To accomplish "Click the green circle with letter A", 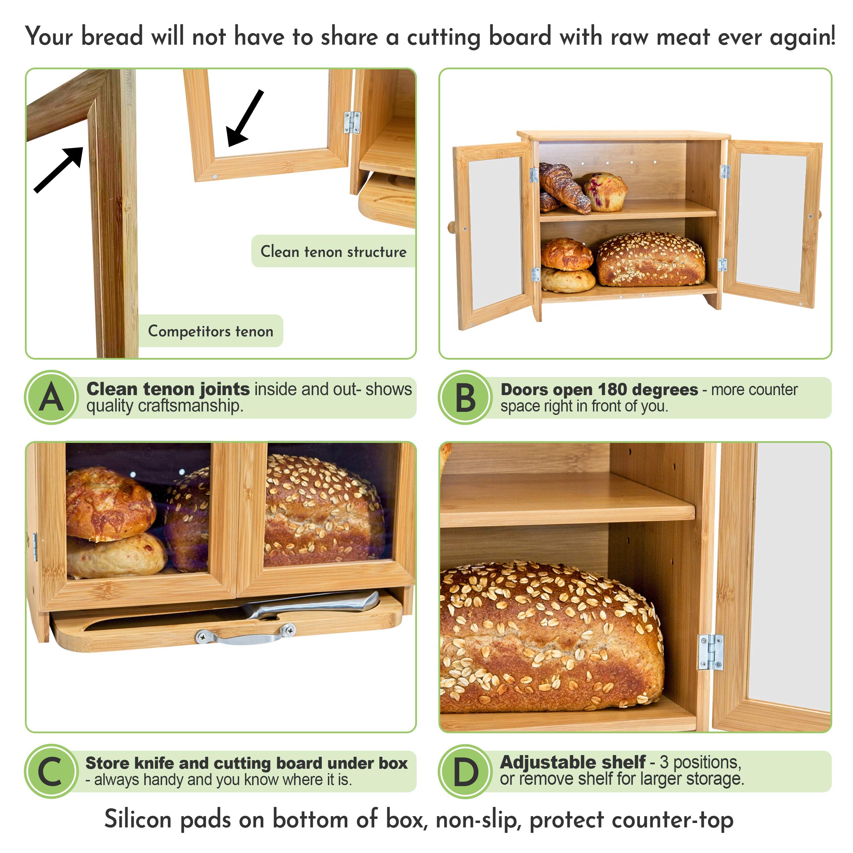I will pos(52,397).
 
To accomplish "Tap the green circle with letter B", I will pos(465,397).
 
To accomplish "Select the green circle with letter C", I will pos(52,771).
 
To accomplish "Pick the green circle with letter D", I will pos(465,771).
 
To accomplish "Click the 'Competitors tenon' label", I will pos(211,331).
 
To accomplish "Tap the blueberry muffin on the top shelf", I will pos(605,192).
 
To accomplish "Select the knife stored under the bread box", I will pos(309,605).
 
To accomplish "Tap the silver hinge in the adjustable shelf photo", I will pos(710,652).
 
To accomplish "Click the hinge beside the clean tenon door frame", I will pos(352,122).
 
